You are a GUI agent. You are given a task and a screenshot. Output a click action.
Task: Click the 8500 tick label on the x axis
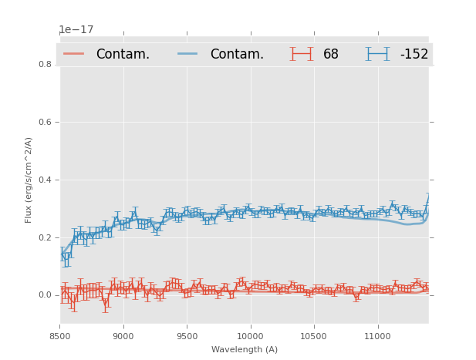point(60,336)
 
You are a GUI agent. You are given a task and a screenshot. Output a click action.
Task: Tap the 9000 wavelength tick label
point(123,336)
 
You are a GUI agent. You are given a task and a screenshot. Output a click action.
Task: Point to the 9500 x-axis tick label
point(187,336)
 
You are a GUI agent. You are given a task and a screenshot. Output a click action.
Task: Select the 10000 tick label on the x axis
point(250,336)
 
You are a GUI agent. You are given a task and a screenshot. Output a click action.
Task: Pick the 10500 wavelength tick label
point(314,336)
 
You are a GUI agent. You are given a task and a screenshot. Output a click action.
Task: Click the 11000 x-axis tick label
point(377,336)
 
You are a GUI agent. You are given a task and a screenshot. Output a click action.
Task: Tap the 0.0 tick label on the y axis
point(46,295)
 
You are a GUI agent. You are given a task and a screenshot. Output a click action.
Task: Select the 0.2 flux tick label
point(46,237)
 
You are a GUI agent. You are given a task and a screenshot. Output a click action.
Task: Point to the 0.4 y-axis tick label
point(46,180)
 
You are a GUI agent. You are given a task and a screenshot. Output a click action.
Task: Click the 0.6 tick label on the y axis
point(46,122)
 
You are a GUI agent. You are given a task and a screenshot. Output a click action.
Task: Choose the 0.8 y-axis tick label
point(46,65)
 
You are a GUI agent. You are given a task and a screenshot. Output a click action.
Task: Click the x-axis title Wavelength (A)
point(245,350)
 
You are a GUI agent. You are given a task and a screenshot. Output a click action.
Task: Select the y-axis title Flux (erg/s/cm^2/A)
point(29,180)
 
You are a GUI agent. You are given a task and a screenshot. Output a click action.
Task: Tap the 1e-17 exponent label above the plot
point(76,30)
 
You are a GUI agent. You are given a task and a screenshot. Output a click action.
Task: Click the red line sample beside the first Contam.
point(75,54)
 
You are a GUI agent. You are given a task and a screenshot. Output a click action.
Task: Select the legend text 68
point(331,55)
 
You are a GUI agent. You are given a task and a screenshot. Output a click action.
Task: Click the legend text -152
point(414,55)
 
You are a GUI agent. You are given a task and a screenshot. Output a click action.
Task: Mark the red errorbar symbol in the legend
point(302,54)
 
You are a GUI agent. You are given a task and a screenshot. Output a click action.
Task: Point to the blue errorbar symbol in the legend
point(378,54)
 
